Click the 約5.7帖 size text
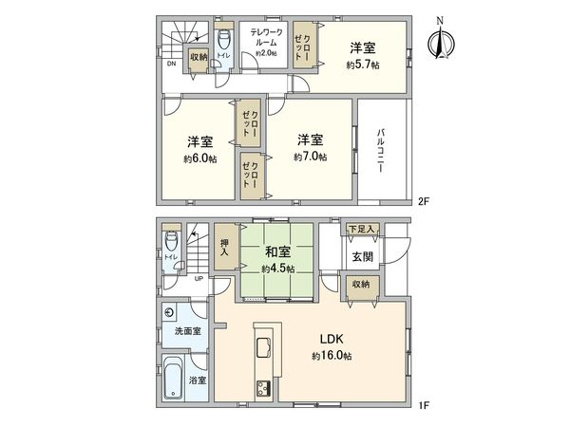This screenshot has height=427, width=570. click(363, 65)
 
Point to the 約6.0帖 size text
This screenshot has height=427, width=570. click(200, 158)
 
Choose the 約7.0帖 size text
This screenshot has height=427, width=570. click(310, 156)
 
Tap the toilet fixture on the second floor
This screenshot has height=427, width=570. click(224, 41)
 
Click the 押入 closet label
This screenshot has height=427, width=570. click(224, 247)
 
